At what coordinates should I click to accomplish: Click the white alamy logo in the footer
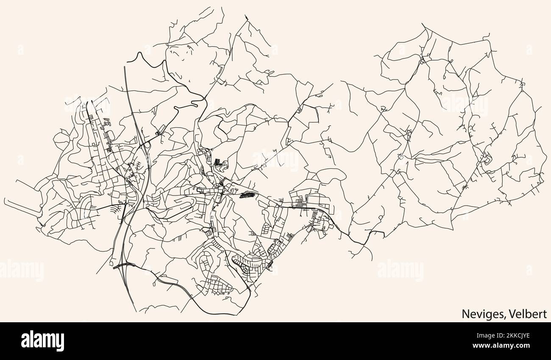(x=42, y=340)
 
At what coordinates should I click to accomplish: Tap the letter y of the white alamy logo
(x=60, y=342)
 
